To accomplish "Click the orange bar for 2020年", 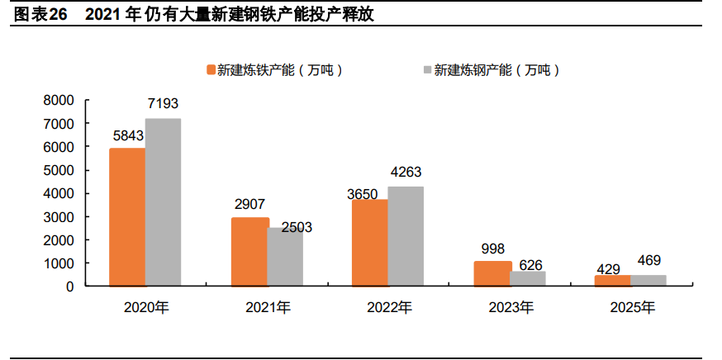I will [127, 217].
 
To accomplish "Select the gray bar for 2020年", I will [163, 202].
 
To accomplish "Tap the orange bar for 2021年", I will [249, 252].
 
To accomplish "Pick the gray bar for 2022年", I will [406, 236].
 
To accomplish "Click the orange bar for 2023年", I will [492, 273].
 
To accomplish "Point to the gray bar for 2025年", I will [648, 280].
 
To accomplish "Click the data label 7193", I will [163, 104].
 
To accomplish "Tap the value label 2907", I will [249, 204].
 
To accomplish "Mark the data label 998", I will [492, 248].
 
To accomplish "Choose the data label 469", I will [648, 261].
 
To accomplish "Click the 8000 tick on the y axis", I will [59, 100].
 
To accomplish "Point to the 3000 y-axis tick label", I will [59, 216].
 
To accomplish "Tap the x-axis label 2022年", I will [388, 308].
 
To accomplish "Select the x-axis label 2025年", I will [632, 308].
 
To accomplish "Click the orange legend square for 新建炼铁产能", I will [211, 70].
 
